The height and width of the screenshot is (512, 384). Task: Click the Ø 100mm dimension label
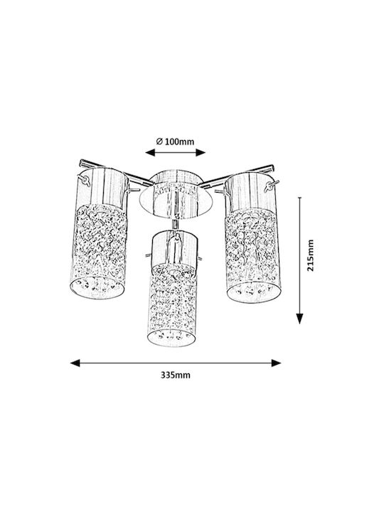[x=175, y=142]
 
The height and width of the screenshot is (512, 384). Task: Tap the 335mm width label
[x=176, y=375]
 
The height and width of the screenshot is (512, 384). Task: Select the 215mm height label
[x=310, y=255]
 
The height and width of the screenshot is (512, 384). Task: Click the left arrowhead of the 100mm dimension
[x=150, y=152]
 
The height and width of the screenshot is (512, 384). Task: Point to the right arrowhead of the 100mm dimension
[x=201, y=152]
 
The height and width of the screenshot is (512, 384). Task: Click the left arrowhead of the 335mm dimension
[x=75, y=363]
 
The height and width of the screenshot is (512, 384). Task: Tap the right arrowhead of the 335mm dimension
[x=276, y=363]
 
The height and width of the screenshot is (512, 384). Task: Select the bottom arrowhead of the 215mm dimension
[x=300, y=319]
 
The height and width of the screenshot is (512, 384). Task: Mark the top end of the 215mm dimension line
[x=300, y=198]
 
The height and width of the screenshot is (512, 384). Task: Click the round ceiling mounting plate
[x=176, y=200]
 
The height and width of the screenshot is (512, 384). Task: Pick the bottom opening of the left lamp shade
[x=97, y=288]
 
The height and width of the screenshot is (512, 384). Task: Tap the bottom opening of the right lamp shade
[x=254, y=292]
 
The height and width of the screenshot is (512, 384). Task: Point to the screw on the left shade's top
[x=85, y=180]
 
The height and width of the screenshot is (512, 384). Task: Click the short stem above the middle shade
[x=176, y=224]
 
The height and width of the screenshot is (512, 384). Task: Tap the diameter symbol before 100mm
[x=159, y=142]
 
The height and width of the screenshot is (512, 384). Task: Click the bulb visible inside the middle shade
[x=176, y=249]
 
